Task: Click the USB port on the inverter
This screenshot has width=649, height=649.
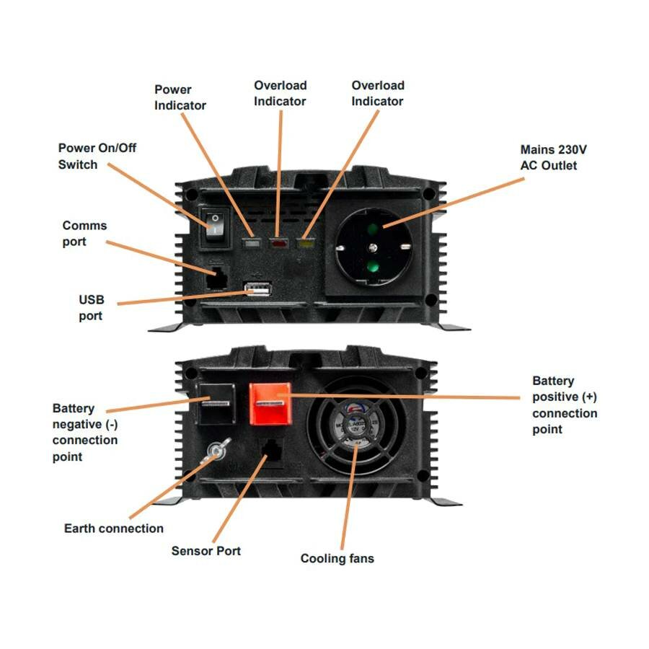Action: click(x=257, y=289)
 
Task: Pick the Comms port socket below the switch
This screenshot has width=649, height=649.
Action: click(x=215, y=278)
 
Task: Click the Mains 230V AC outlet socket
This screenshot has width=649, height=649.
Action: click(x=372, y=250)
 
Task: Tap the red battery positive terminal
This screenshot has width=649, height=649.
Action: click(x=270, y=403)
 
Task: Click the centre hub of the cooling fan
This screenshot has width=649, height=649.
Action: click(x=356, y=427)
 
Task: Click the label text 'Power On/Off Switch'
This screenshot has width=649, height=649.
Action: click(x=97, y=156)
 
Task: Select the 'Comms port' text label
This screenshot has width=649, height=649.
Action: click(x=84, y=234)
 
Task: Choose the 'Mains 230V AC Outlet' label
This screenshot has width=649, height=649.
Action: click(x=554, y=157)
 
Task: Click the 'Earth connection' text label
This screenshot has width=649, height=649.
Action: click(x=114, y=529)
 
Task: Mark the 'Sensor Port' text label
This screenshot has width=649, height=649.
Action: click(x=206, y=551)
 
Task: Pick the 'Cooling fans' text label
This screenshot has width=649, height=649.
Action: click(x=337, y=558)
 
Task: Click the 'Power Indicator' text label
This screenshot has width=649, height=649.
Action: click(x=180, y=97)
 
